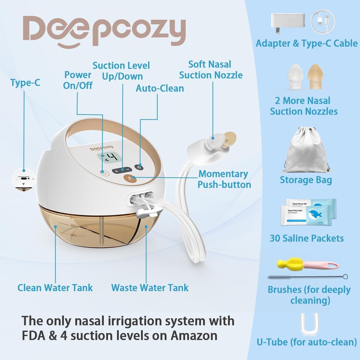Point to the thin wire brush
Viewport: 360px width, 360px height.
coord(307,277)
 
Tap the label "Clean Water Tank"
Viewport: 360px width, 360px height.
coord(55,288)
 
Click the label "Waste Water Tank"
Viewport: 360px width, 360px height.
coord(150,288)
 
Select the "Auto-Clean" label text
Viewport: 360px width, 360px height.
coord(160,88)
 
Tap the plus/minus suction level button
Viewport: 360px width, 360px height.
coord(122,170)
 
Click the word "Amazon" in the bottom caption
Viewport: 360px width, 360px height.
coord(194,335)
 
